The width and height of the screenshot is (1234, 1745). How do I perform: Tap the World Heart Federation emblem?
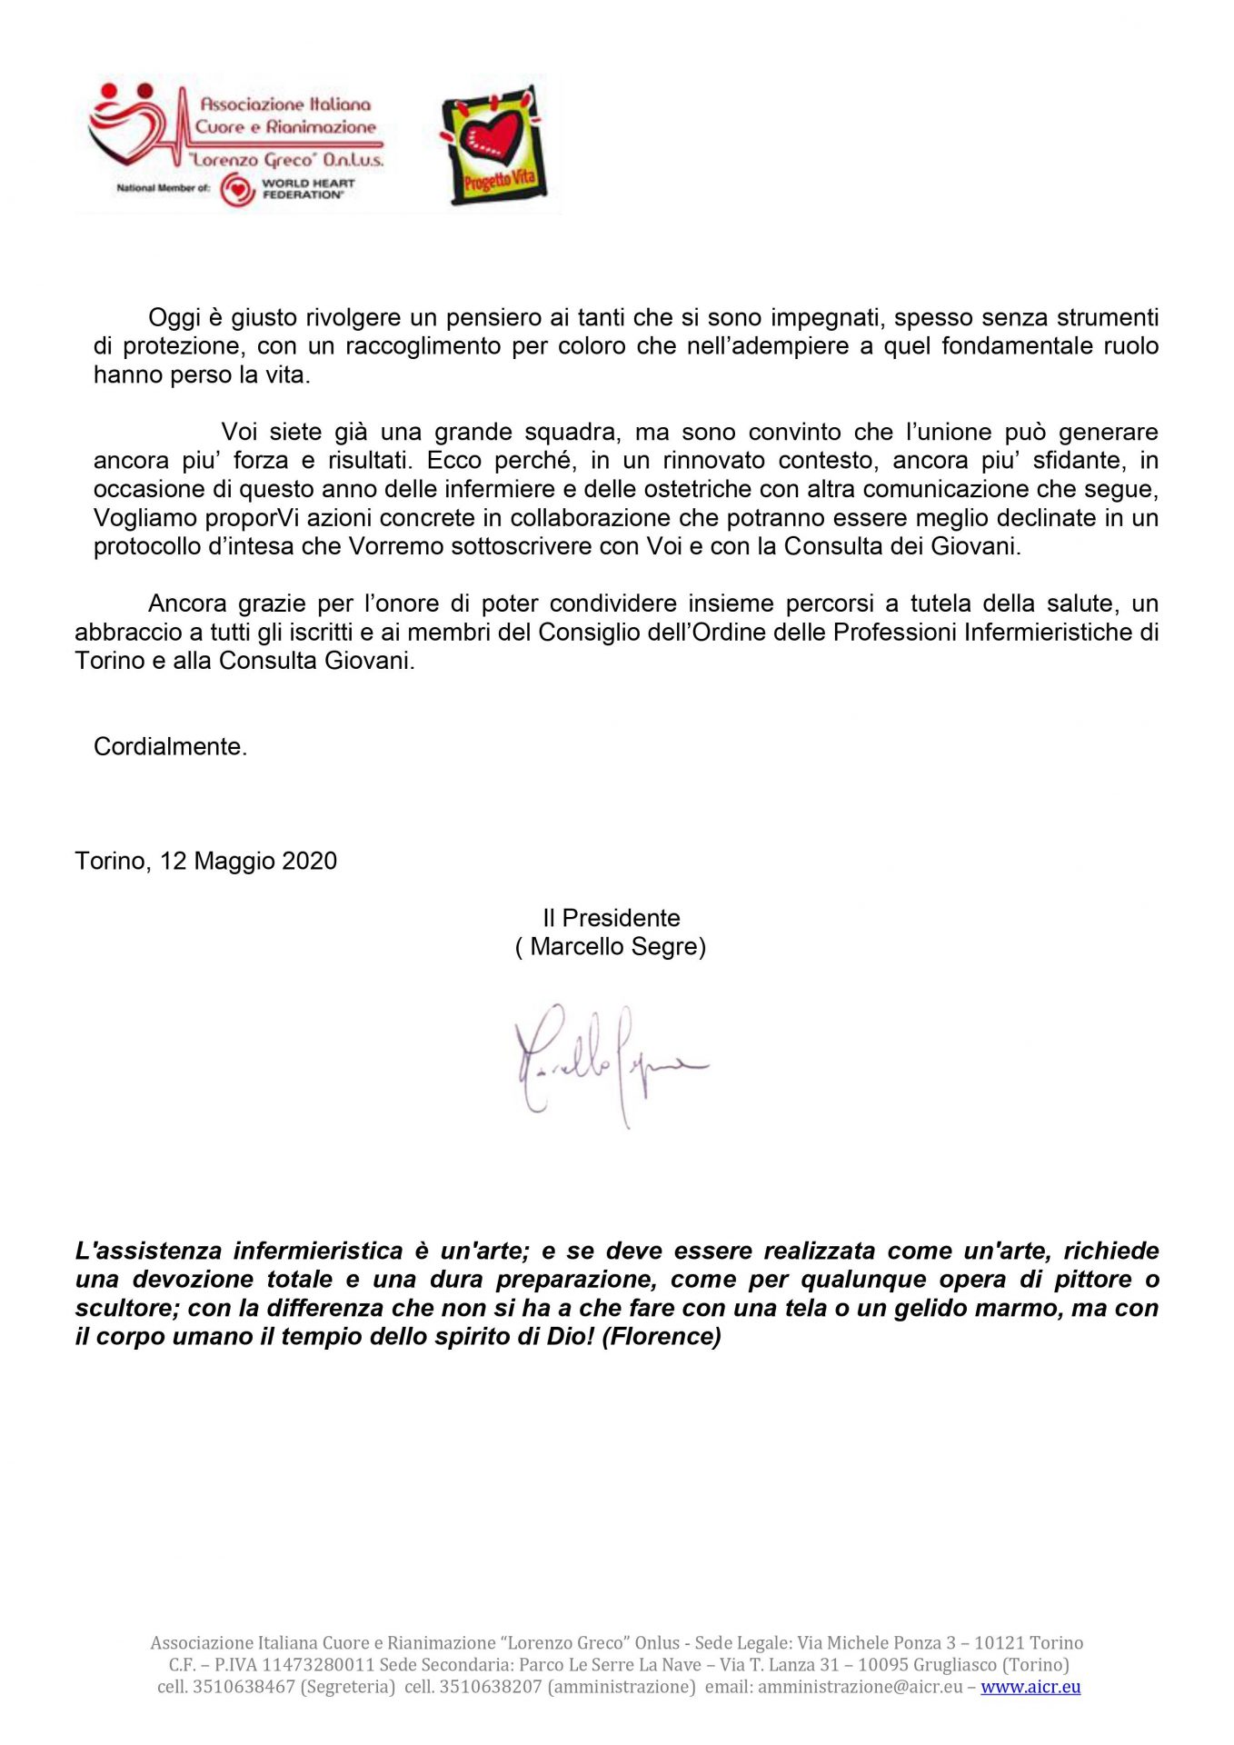coord(237,190)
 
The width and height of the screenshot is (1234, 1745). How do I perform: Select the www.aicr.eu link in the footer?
coord(1030,1687)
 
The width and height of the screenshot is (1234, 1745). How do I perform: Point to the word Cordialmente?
coord(170,747)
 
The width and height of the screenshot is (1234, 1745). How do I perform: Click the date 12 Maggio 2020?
coord(248,861)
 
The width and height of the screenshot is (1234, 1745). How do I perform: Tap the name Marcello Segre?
coord(617,947)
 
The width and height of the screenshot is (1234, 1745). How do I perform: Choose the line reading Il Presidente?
coord(611,918)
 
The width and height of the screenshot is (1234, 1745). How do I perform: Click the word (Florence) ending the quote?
coord(662,1337)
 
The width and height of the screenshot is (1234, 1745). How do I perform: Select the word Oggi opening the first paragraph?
coord(173,318)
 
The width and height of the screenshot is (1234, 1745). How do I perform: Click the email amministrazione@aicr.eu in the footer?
coord(860,1687)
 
